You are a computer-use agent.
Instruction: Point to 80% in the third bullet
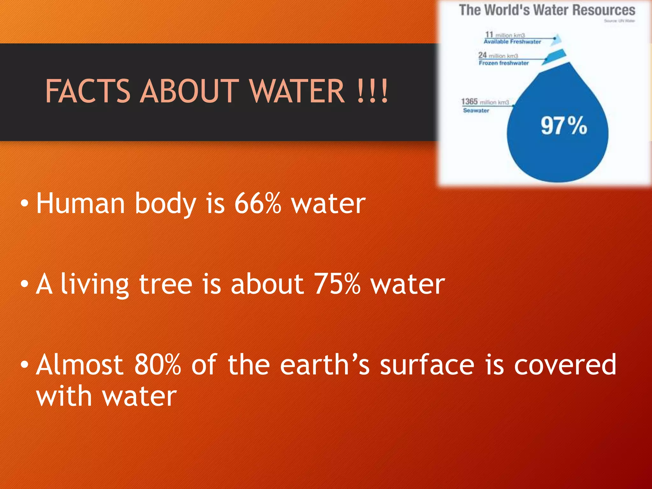click(x=158, y=365)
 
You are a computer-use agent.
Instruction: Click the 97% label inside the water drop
click(x=563, y=126)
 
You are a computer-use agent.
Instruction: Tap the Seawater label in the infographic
click(x=476, y=110)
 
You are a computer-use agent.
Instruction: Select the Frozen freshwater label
click(x=504, y=63)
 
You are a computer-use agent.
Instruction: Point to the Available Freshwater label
click(x=512, y=42)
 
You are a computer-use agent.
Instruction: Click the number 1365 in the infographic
click(x=469, y=102)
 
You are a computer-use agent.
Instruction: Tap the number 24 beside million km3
click(x=482, y=55)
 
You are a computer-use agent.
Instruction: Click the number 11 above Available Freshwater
click(x=489, y=34)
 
